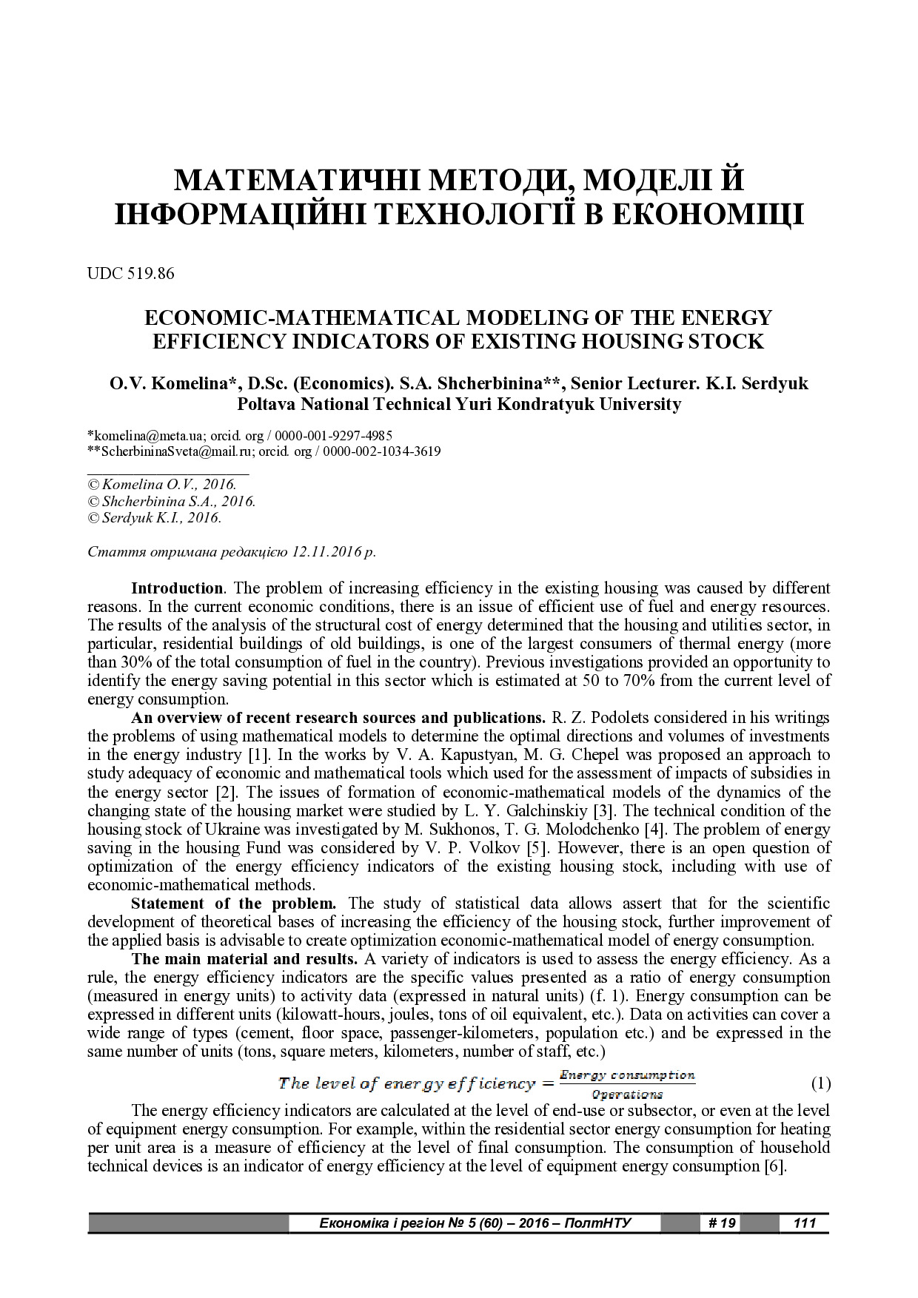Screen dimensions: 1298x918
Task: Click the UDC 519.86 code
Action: (x=131, y=274)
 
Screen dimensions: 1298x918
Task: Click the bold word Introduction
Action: (x=177, y=588)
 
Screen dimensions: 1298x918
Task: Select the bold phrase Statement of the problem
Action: (x=233, y=904)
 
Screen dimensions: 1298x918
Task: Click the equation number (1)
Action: (x=821, y=1084)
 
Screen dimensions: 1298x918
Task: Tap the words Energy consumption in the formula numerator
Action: (x=627, y=1075)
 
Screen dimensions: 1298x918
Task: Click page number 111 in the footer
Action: (x=804, y=1223)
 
